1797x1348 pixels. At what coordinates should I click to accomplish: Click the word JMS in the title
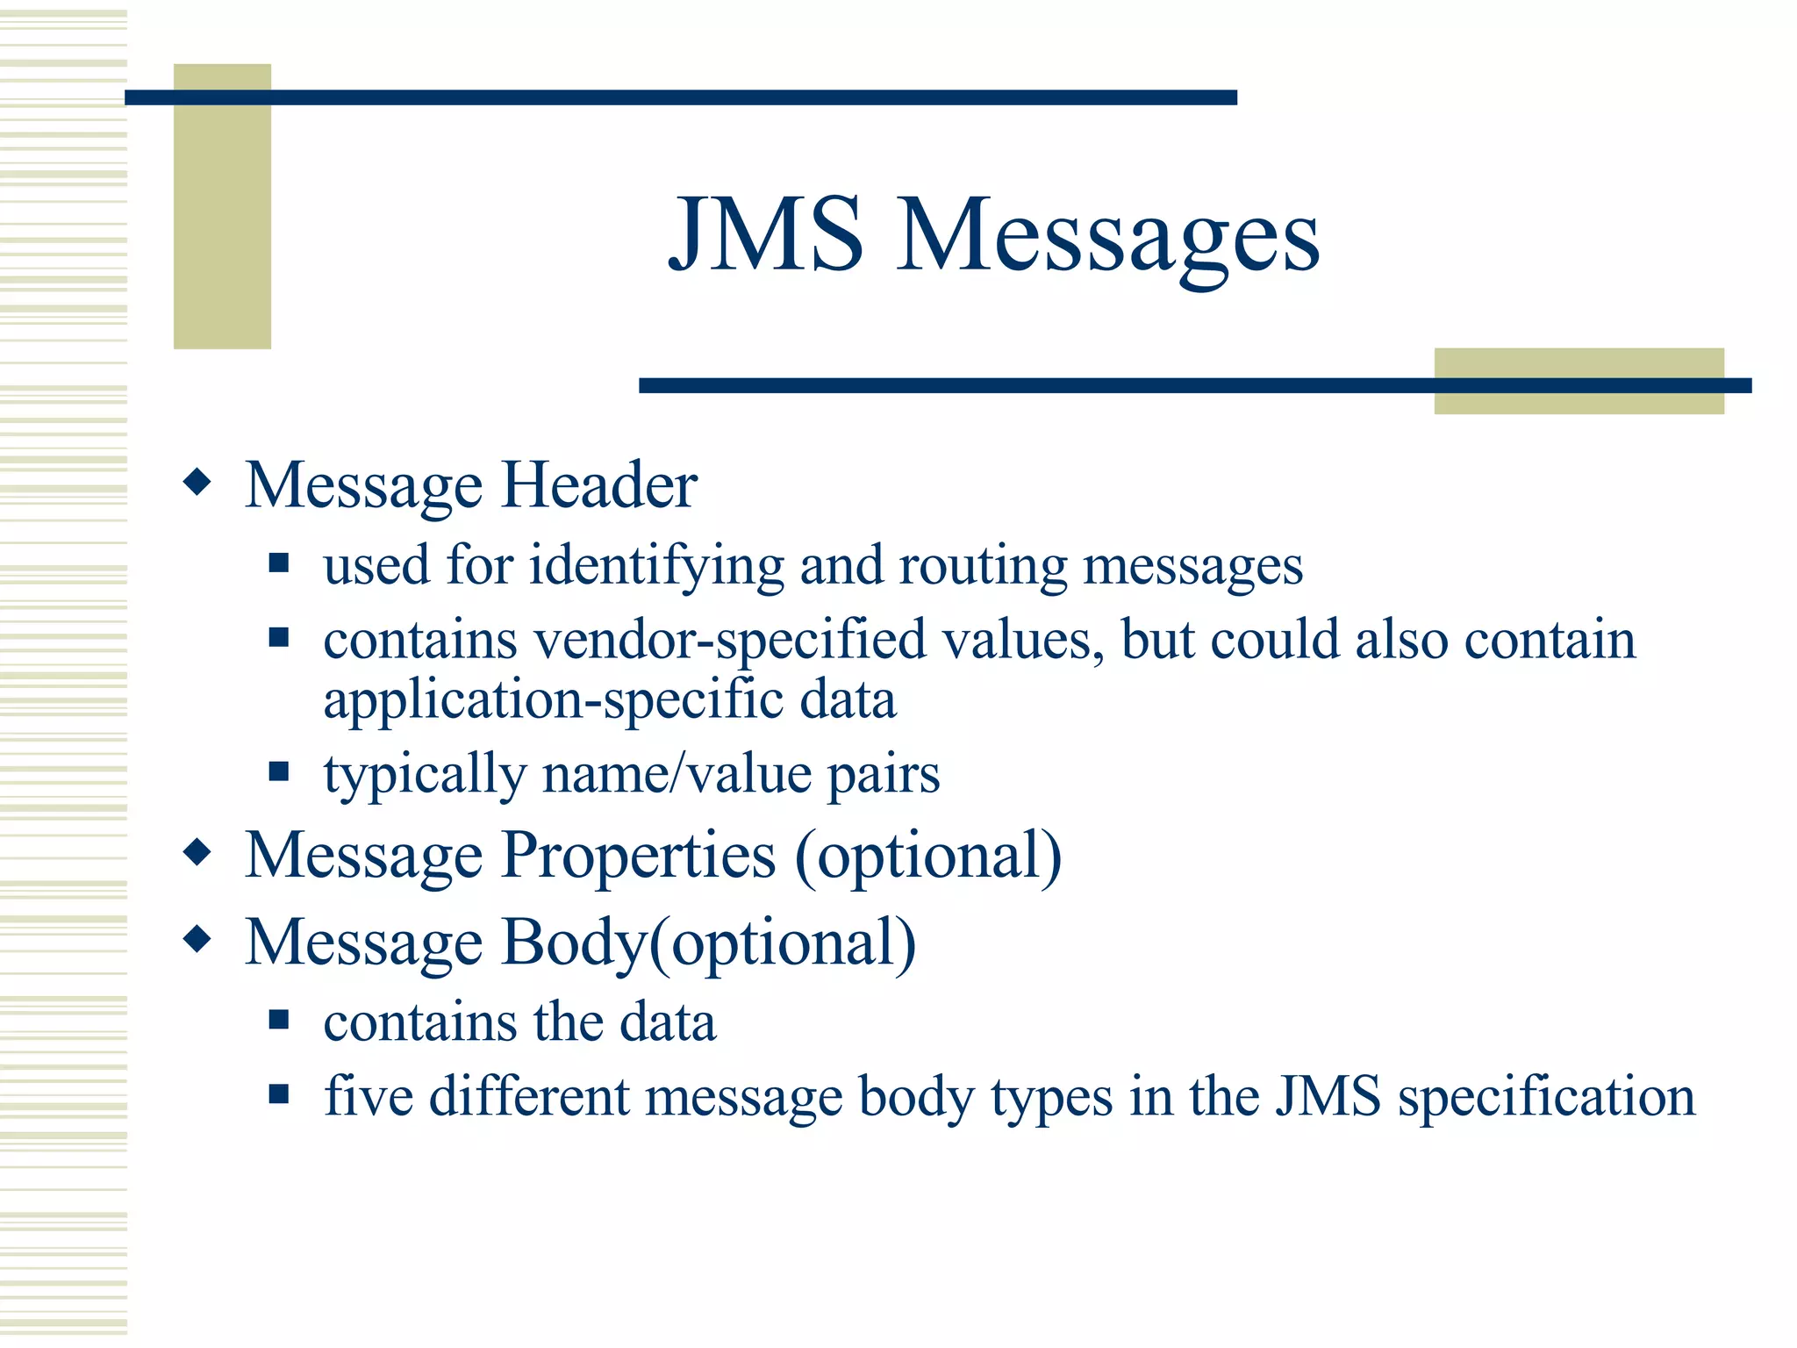click(765, 235)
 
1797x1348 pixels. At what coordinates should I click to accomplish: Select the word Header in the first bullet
click(599, 485)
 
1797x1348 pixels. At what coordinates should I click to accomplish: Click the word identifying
click(656, 566)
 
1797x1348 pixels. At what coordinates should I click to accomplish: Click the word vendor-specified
click(730, 640)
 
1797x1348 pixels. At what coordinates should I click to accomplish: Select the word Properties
click(639, 856)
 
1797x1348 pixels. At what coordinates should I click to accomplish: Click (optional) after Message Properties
click(927, 856)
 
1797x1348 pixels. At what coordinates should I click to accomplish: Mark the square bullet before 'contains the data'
click(279, 1019)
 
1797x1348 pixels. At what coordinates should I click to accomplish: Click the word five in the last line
click(369, 1096)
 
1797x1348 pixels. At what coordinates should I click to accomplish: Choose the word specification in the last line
click(1546, 1098)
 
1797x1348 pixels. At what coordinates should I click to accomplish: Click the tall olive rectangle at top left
click(222, 206)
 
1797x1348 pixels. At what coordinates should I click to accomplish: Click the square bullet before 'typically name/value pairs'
click(279, 771)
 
